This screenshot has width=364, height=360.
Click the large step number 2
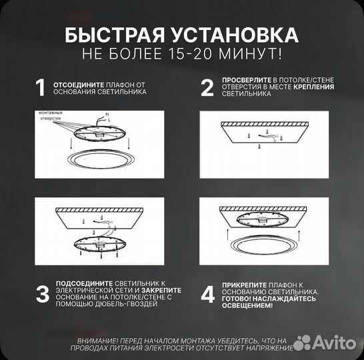point(207,88)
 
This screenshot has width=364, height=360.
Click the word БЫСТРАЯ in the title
point(111,35)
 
